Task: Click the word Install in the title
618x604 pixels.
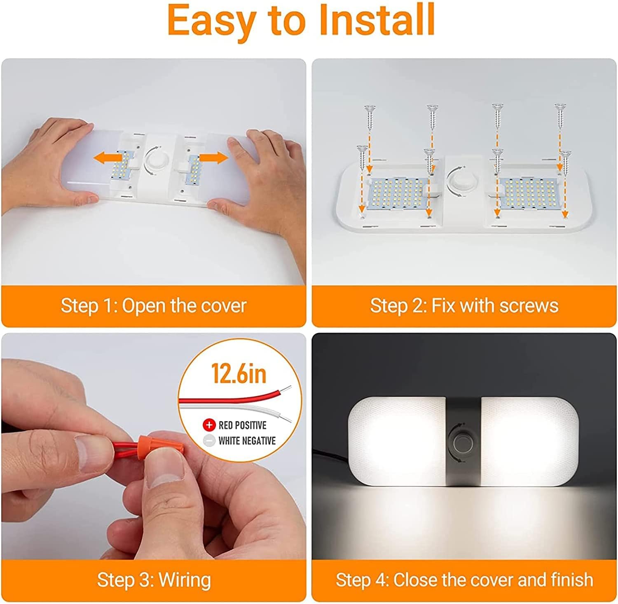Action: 377,20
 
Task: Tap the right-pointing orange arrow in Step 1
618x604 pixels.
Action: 214,157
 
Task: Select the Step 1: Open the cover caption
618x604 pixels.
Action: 153,306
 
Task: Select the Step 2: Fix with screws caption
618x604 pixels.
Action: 464,306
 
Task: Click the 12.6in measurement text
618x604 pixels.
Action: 239,374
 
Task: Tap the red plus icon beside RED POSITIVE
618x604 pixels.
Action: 209,425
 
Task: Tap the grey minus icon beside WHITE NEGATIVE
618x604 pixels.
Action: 209,440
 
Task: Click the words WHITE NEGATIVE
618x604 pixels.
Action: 247,441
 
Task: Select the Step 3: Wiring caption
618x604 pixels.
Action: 154,580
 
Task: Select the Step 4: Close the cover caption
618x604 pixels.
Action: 464,580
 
